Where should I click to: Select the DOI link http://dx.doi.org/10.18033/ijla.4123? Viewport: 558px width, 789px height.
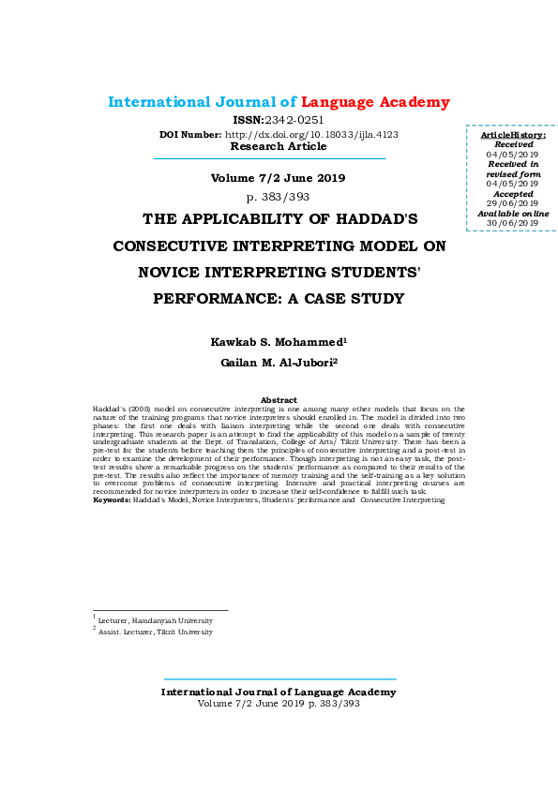pos(311,134)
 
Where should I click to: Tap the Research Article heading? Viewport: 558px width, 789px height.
pos(279,146)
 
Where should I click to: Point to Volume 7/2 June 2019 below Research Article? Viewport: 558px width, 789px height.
pos(278,178)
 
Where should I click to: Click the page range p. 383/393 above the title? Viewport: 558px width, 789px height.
pos(278,197)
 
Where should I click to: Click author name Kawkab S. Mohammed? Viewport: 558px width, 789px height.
pos(278,342)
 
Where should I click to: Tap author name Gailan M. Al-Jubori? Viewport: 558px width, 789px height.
pos(278,362)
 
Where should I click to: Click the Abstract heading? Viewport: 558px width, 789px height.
pos(279,400)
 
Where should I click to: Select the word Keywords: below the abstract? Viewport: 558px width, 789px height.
pos(112,500)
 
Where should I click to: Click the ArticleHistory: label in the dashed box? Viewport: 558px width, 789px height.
pos(513,136)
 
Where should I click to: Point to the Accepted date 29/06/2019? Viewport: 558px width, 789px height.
pos(512,203)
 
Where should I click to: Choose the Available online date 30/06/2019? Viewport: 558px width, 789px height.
pos(512,223)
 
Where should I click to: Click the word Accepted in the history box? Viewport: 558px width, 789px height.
pos(512,194)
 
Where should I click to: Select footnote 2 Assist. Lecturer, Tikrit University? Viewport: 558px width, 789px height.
pos(156,633)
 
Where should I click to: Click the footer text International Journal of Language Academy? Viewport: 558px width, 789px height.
pos(279,692)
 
